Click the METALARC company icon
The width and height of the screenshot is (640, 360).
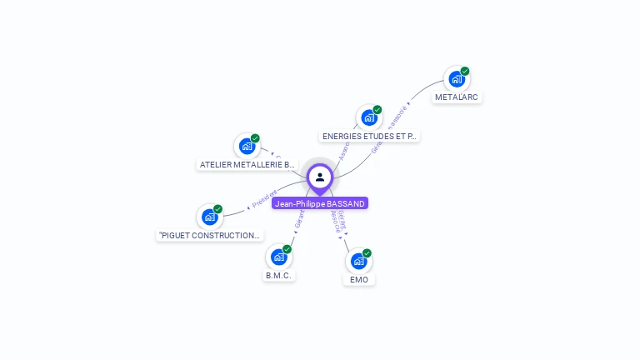[457, 79]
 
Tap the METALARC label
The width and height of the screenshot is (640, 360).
[457, 97]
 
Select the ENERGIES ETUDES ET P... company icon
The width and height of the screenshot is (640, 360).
[369, 117]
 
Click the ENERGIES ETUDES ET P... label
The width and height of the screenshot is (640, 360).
[369, 136]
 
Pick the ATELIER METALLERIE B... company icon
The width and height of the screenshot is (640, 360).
[247, 146]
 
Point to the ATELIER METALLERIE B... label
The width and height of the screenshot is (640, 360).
[247, 164]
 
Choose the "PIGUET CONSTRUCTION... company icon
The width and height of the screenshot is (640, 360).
[209, 217]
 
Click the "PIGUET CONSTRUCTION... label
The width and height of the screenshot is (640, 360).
[210, 235]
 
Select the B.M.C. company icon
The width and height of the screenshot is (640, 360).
[278, 257]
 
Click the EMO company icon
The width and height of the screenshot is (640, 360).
[358, 261]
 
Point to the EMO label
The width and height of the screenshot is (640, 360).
[359, 279]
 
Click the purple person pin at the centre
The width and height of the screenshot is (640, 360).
[320, 177]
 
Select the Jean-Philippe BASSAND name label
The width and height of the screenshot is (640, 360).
[320, 203]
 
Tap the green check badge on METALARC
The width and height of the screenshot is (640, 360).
[465, 71]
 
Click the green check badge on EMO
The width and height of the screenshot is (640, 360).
[367, 252]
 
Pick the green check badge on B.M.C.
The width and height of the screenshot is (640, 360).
[287, 248]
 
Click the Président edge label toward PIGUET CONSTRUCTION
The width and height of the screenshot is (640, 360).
[264, 199]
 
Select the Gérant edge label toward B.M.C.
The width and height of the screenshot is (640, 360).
[299, 218]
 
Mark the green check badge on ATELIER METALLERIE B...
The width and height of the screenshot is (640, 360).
[255, 137]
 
